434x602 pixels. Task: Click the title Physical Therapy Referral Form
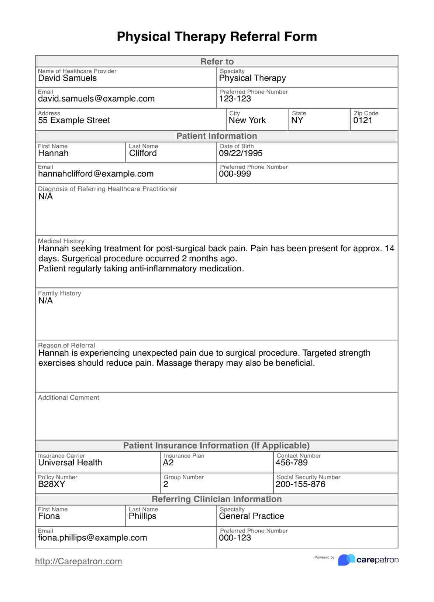(217, 37)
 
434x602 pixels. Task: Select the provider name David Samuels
(68, 78)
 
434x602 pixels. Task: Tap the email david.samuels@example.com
(96, 99)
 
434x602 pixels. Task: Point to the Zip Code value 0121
(363, 120)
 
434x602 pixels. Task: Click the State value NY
(297, 120)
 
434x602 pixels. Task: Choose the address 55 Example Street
(74, 120)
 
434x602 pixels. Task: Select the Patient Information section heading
(217, 136)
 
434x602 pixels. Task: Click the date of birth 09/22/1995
(241, 153)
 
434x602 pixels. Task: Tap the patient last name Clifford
(143, 153)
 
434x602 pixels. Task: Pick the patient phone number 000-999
(235, 174)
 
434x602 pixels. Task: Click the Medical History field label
(61, 241)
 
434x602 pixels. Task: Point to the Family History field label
(59, 293)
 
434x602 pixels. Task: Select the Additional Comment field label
(69, 398)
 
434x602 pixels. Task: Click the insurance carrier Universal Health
(70, 463)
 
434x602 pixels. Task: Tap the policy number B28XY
(52, 484)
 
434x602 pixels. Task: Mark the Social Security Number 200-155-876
(300, 484)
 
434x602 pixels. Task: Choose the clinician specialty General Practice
(251, 516)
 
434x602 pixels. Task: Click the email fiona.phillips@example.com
(93, 538)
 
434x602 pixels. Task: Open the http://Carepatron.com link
(79, 561)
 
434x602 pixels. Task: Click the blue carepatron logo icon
(346, 560)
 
